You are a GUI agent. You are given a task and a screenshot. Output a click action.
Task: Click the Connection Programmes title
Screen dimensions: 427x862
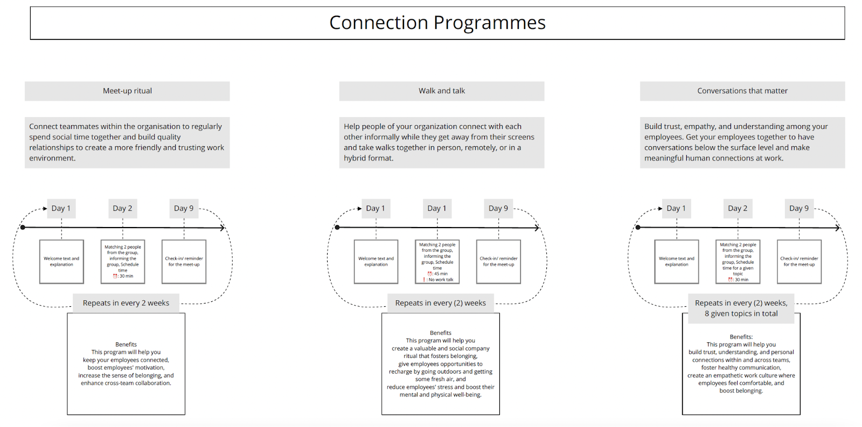point(437,23)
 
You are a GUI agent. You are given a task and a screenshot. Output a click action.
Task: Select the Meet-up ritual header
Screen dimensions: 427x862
point(127,91)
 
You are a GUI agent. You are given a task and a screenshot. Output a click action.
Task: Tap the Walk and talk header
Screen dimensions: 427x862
point(441,91)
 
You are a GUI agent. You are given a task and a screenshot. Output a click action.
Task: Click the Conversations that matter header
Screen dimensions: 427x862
point(742,91)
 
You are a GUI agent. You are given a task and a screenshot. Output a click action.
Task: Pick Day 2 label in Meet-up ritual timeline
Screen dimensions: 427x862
point(122,209)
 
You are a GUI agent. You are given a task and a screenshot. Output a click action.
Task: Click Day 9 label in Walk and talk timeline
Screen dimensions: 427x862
point(498,209)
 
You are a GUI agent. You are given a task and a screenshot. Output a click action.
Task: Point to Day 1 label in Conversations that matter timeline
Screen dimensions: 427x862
point(676,209)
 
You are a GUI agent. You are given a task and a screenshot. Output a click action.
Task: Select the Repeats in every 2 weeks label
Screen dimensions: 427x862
point(126,303)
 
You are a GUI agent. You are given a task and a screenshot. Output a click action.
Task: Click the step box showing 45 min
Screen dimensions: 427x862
point(437,262)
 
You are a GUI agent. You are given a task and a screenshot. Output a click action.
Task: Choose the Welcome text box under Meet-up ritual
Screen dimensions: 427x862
point(61,262)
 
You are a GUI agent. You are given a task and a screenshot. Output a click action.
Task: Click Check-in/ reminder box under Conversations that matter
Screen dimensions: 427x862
point(799,262)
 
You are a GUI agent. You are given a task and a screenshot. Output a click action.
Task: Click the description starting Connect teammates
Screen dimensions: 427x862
point(127,142)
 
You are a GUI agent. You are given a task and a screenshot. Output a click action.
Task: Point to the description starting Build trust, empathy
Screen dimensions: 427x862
point(742,142)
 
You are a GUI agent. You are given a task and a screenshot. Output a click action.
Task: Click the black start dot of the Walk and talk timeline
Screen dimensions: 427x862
point(337,228)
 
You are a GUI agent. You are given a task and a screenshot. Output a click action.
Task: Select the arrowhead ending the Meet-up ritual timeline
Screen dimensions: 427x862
point(222,228)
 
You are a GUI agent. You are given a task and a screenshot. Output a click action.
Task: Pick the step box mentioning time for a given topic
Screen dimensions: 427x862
point(738,262)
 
